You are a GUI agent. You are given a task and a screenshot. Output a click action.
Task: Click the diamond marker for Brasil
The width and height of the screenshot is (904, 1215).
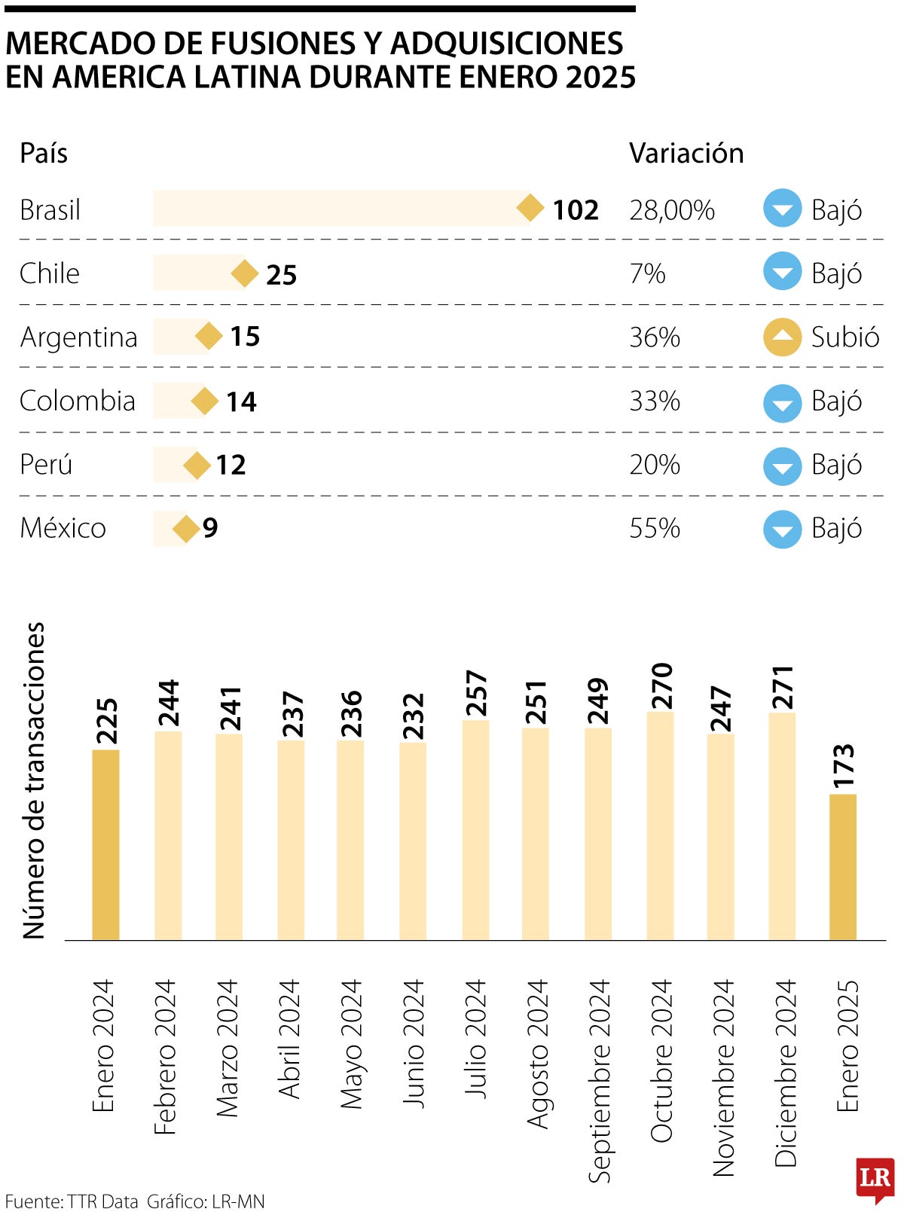click(530, 209)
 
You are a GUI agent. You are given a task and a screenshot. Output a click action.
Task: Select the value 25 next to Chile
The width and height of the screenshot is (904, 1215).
click(281, 275)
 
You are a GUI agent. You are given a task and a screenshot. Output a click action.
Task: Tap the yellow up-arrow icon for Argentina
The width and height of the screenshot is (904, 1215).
click(782, 337)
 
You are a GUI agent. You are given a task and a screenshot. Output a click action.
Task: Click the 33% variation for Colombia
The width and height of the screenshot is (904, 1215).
click(655, 401)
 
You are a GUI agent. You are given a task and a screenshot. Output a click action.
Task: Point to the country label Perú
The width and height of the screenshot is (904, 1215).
click(46, 465)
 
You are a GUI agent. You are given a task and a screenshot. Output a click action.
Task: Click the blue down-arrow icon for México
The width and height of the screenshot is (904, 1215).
click(782, 529)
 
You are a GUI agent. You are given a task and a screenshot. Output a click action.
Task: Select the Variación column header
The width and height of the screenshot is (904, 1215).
click(686, 153)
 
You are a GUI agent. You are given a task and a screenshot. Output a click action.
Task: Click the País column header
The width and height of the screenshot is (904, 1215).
click(44, 153)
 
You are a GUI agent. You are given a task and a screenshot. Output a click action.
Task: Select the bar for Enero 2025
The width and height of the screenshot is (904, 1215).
click(843, 866)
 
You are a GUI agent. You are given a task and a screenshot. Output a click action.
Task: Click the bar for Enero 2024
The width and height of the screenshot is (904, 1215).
click(105, 844)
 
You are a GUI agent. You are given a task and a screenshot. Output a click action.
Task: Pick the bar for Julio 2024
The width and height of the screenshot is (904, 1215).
click(475, 829)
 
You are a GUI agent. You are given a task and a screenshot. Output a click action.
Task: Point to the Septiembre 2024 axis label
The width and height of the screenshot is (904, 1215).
click(599, 1080)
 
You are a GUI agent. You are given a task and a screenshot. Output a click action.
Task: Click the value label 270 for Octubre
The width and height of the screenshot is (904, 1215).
click(661, 685)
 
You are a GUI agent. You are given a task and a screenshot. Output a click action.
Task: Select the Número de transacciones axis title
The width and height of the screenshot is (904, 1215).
click(35, 780)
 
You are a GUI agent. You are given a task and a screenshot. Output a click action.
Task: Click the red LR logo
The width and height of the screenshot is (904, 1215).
click(875, 1179)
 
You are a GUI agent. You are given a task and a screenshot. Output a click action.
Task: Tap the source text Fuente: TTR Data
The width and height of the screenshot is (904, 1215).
click(72, 1201)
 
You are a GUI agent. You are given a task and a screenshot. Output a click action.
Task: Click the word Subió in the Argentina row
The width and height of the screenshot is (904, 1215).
click(844, 337)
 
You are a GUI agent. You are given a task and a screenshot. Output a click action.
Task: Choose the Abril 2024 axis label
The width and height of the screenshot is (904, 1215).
click(290, 1039)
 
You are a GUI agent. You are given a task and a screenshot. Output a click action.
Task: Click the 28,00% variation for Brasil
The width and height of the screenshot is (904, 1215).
click(672, 210)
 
